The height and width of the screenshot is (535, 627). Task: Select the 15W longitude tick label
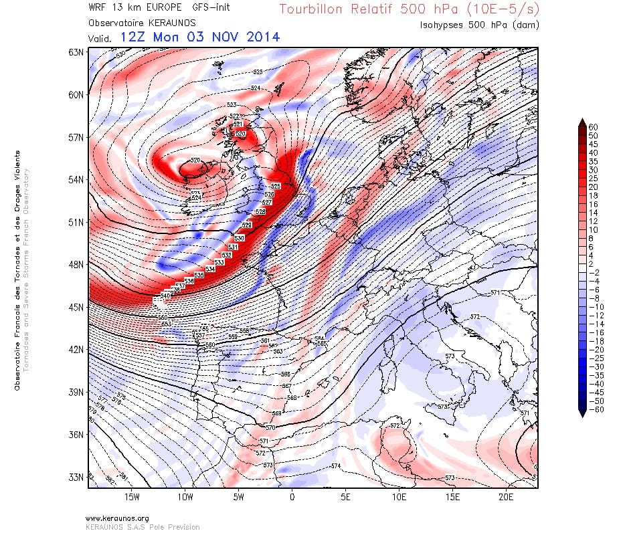click(x=131, y=498)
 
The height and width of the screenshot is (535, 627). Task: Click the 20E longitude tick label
click(x=506, y=498)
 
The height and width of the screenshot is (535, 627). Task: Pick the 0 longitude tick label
click(x=292, y=498)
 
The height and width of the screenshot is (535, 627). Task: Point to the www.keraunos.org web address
click(x=117, y=518)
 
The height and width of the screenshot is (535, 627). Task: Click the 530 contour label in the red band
click(x=239, y=238)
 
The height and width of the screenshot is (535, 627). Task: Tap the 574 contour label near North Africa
click(x=335, y=465)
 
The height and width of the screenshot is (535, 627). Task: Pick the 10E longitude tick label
click(x=399, y=498)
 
